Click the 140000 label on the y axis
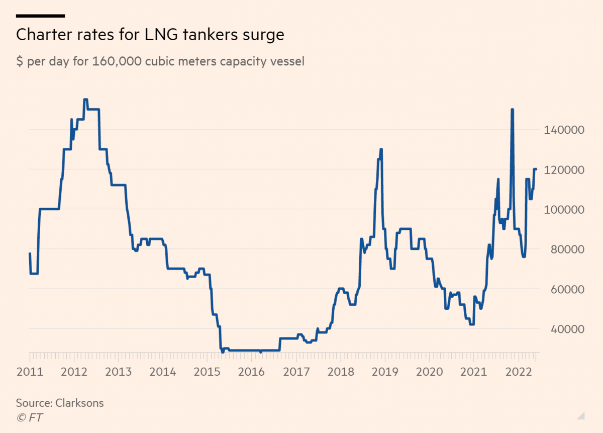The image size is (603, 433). pyautogui.click(x=565, y=130)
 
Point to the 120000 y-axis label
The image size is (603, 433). pyautogui.click(x=565, y=169)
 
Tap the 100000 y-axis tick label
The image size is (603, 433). pyautogui.click(x=565, y=209)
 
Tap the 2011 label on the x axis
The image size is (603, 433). pyautogui.click(x=30, y=372)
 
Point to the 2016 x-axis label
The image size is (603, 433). pyautogui.click(x=251, y=372)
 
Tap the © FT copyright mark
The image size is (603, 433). pyautogui.click(x=29, y=417)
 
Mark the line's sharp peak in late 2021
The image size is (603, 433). pyautogui.click(x=512, y=110)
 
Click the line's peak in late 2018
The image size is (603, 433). pyautogui.click(x=381, y=149)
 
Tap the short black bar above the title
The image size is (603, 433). pyautogui.click(x=41, y=16)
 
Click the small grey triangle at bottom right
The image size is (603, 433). pyautogui.click(x=581, y=415)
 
